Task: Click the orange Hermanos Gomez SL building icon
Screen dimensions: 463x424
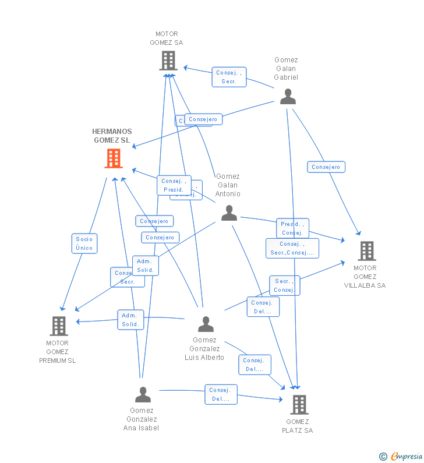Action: point(114,158)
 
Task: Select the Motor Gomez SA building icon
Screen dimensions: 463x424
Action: point(168,61)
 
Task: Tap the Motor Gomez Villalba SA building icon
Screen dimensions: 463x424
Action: point(366,251)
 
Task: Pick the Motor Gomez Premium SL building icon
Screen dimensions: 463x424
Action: point(59,326)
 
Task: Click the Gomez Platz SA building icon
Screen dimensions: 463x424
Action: point(299,404)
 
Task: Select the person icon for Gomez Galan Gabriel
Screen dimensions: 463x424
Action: point(288,97)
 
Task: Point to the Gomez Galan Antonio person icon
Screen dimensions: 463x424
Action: point(229,214)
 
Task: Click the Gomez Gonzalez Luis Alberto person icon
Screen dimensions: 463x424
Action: point(206,324)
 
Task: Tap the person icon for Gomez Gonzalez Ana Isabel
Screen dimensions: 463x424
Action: point(143,395)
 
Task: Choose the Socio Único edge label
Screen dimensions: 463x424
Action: point(84,243)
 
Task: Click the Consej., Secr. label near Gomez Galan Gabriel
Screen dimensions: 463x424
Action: point(229,77)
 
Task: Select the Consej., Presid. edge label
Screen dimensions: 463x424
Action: point(174,185)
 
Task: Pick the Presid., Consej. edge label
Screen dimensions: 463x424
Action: point(292,228)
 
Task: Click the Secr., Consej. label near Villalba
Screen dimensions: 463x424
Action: point(285,285)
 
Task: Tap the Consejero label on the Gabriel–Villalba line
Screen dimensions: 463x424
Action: point(326,167)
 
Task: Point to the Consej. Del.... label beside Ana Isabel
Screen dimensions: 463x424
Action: point(221,395)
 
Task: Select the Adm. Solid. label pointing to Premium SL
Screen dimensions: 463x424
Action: point(130,320)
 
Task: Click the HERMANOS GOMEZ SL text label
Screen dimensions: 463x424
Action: point(112,136)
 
